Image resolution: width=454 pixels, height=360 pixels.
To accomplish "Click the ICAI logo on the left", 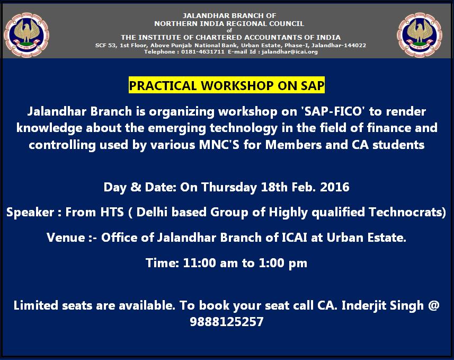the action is pos(26,35).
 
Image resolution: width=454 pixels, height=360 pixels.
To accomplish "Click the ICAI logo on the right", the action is pos(420,35).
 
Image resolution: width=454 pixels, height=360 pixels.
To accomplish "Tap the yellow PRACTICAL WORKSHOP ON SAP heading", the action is pos(227,85).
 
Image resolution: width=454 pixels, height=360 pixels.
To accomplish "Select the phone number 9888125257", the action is pos(227,321).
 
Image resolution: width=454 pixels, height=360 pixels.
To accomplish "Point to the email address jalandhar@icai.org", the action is pos(290,52).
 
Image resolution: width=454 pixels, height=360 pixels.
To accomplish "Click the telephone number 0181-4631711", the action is pos(203,52).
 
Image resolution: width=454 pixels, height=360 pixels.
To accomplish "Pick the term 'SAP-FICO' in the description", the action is pos(333,111).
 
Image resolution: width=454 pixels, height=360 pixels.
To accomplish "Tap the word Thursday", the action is pos(229,187).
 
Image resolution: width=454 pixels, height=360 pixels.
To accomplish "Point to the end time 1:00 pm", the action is pos(283,263).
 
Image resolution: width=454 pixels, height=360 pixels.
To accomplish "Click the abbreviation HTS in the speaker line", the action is pos(112,212).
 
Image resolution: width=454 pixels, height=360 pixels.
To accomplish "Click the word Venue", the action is pos(66,238).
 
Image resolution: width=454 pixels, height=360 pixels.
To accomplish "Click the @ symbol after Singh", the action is pos(433,305).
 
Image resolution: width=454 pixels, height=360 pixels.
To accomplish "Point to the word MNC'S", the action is pos(219,145).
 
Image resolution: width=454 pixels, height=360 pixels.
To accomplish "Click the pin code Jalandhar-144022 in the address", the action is pos(339,45).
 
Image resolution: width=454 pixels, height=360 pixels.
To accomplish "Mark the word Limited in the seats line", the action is pos(35,305).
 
